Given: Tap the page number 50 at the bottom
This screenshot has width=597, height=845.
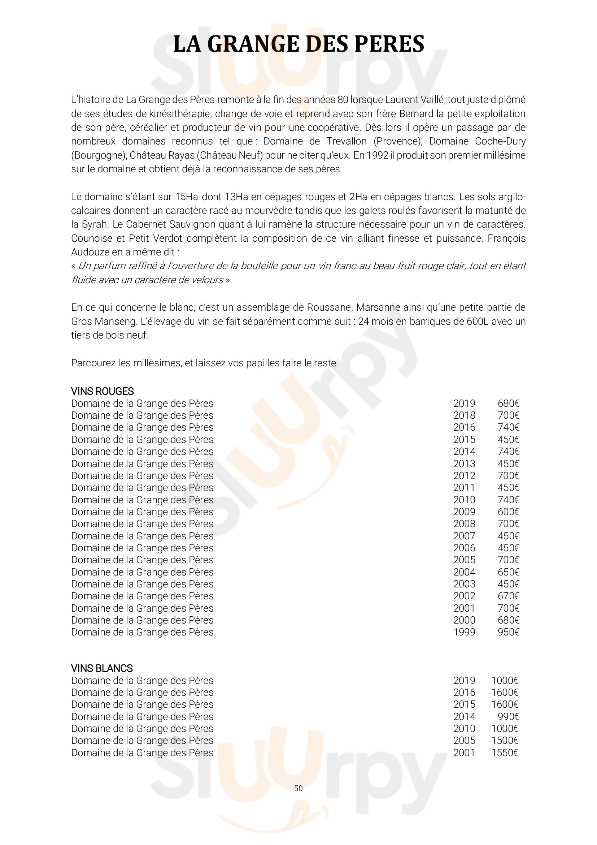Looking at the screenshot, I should [x=298, y=788].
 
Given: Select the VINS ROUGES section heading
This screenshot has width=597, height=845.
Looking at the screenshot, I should [x=102, y=391].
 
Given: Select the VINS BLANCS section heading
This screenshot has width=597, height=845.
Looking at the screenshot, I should [x=102, y=668].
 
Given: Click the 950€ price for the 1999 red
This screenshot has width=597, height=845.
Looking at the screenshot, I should [x=509, y=632].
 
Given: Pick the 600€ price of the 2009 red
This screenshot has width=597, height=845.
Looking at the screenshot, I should [x=509, y=512].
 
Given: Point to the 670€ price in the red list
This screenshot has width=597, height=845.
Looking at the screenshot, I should [x=509, y=596].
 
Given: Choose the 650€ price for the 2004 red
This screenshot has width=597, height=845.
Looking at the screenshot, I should [x=509, y=572].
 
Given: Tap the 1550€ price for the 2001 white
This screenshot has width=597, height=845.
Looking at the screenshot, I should [x=505, y=753].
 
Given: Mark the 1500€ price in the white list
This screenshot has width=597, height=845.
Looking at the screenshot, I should [x=505, y=741].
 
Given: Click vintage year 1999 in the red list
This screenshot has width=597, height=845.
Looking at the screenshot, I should [x=464, y=632].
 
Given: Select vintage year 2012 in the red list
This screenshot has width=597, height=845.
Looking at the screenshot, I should [x=464, y=475].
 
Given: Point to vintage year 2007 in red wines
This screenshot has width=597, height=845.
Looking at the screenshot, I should [x=464, y=536].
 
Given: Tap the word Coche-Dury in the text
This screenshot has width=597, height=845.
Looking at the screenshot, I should [x=500, y=141].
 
